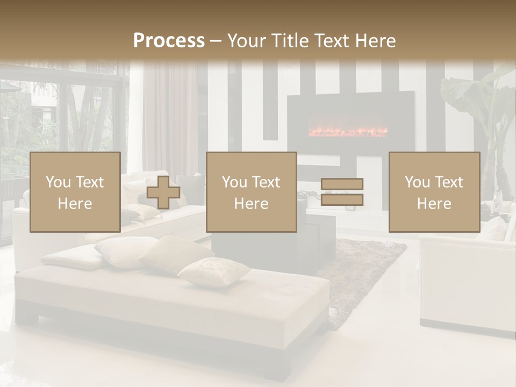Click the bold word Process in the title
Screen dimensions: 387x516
pos(169,40)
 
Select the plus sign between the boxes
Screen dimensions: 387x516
pos(163,192)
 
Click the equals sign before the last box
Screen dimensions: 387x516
pos(342,192)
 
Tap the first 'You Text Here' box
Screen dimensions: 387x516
pos(75,192)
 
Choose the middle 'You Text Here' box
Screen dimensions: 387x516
pos(251,192)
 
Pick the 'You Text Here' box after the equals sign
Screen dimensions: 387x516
pos(434,192)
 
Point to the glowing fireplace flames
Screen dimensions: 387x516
pos(347,132)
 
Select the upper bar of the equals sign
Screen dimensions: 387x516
pos(342,184)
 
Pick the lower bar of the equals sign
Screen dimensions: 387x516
pos(342,200)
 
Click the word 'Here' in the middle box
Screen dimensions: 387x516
pos(251,204)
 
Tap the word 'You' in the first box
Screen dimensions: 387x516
pos(58,182)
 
